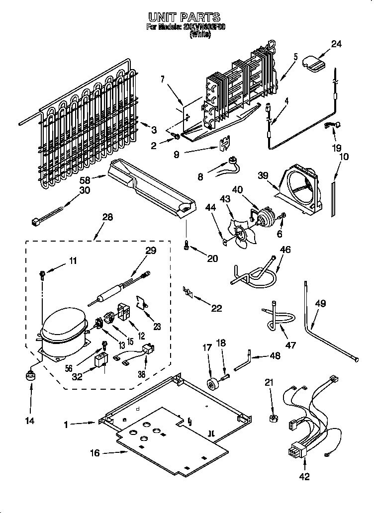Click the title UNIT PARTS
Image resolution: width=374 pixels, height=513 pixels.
coord(187,18)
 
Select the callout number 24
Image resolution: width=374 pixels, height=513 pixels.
coord(336,44)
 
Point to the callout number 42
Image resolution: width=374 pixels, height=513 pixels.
coord(304,476)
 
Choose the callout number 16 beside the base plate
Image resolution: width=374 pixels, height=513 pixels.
coord(94,453)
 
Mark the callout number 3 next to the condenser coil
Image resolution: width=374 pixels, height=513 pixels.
coord(154,130)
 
